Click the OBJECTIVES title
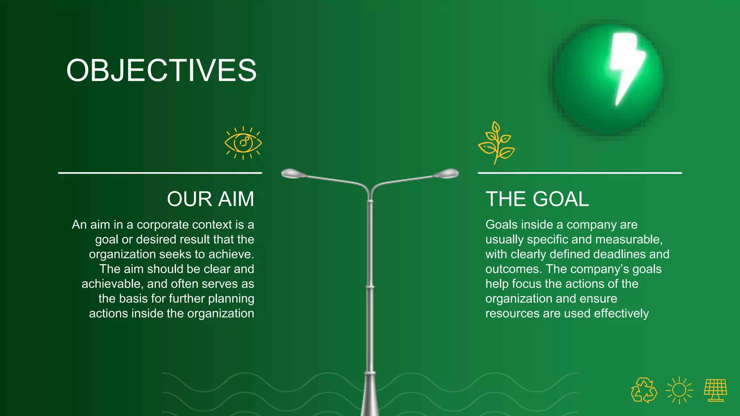[161, 70]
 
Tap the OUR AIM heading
[210, 199]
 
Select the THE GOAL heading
[537, 199]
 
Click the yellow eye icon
[243, 143]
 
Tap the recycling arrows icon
[644, 390]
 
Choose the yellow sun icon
[679, 390]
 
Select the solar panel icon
[715, 390]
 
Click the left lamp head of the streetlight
[293, 174]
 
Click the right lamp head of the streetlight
[447, 174]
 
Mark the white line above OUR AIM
[160, 173]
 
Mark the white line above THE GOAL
[580, 173]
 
